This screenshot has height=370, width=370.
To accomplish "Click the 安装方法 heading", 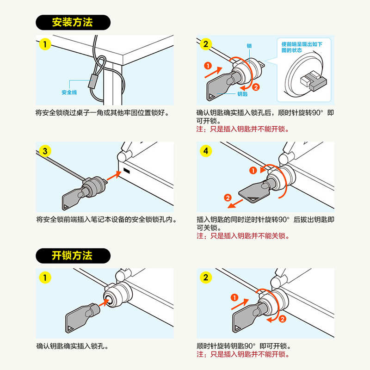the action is [73, 22].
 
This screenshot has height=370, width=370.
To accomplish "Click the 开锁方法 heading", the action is [73, 255].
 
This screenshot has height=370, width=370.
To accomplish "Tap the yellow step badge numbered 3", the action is [44, 151].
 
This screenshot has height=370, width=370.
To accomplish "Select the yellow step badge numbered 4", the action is [206, 151].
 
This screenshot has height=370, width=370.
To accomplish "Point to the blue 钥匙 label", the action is [242, 94].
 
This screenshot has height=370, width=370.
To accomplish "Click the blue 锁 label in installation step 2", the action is [249, 46].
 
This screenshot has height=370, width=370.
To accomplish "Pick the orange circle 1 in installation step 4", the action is [253, 171].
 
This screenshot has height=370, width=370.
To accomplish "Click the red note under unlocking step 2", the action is [243, 355].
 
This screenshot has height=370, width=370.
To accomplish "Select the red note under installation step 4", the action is [243, 236].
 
